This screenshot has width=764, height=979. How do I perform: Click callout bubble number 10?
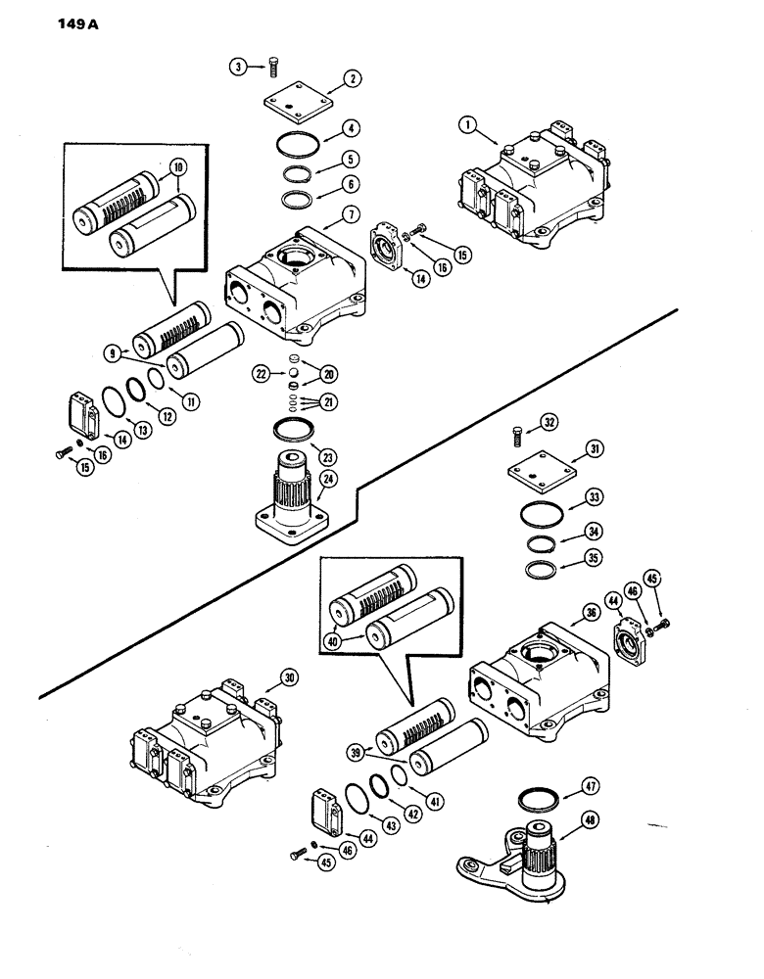pyautogui.click(x=178, y=167)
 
